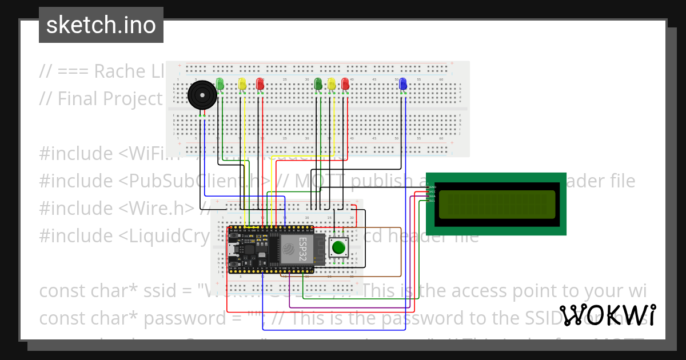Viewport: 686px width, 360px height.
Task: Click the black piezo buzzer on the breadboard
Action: pos(202,95)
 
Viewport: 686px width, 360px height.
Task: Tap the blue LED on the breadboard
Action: pos(402,84)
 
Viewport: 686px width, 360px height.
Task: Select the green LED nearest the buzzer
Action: pos(220,84)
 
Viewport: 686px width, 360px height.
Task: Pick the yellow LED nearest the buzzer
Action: pos(242,84)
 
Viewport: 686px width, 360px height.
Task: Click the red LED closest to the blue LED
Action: pos(345,84)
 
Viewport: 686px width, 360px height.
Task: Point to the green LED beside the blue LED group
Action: pos(318,84)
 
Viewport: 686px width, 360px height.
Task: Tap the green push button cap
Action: pos(339,248)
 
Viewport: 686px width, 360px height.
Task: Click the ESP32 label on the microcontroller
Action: pos(303,250)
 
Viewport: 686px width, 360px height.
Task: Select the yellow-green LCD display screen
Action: pos(495,204)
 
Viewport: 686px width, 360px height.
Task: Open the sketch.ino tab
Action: pos(101,25)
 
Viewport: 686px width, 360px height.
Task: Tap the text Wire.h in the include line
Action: pos(158,209)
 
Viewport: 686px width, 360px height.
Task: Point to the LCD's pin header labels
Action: pos(432,194)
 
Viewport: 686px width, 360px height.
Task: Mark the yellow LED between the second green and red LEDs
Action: pos(332,84)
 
